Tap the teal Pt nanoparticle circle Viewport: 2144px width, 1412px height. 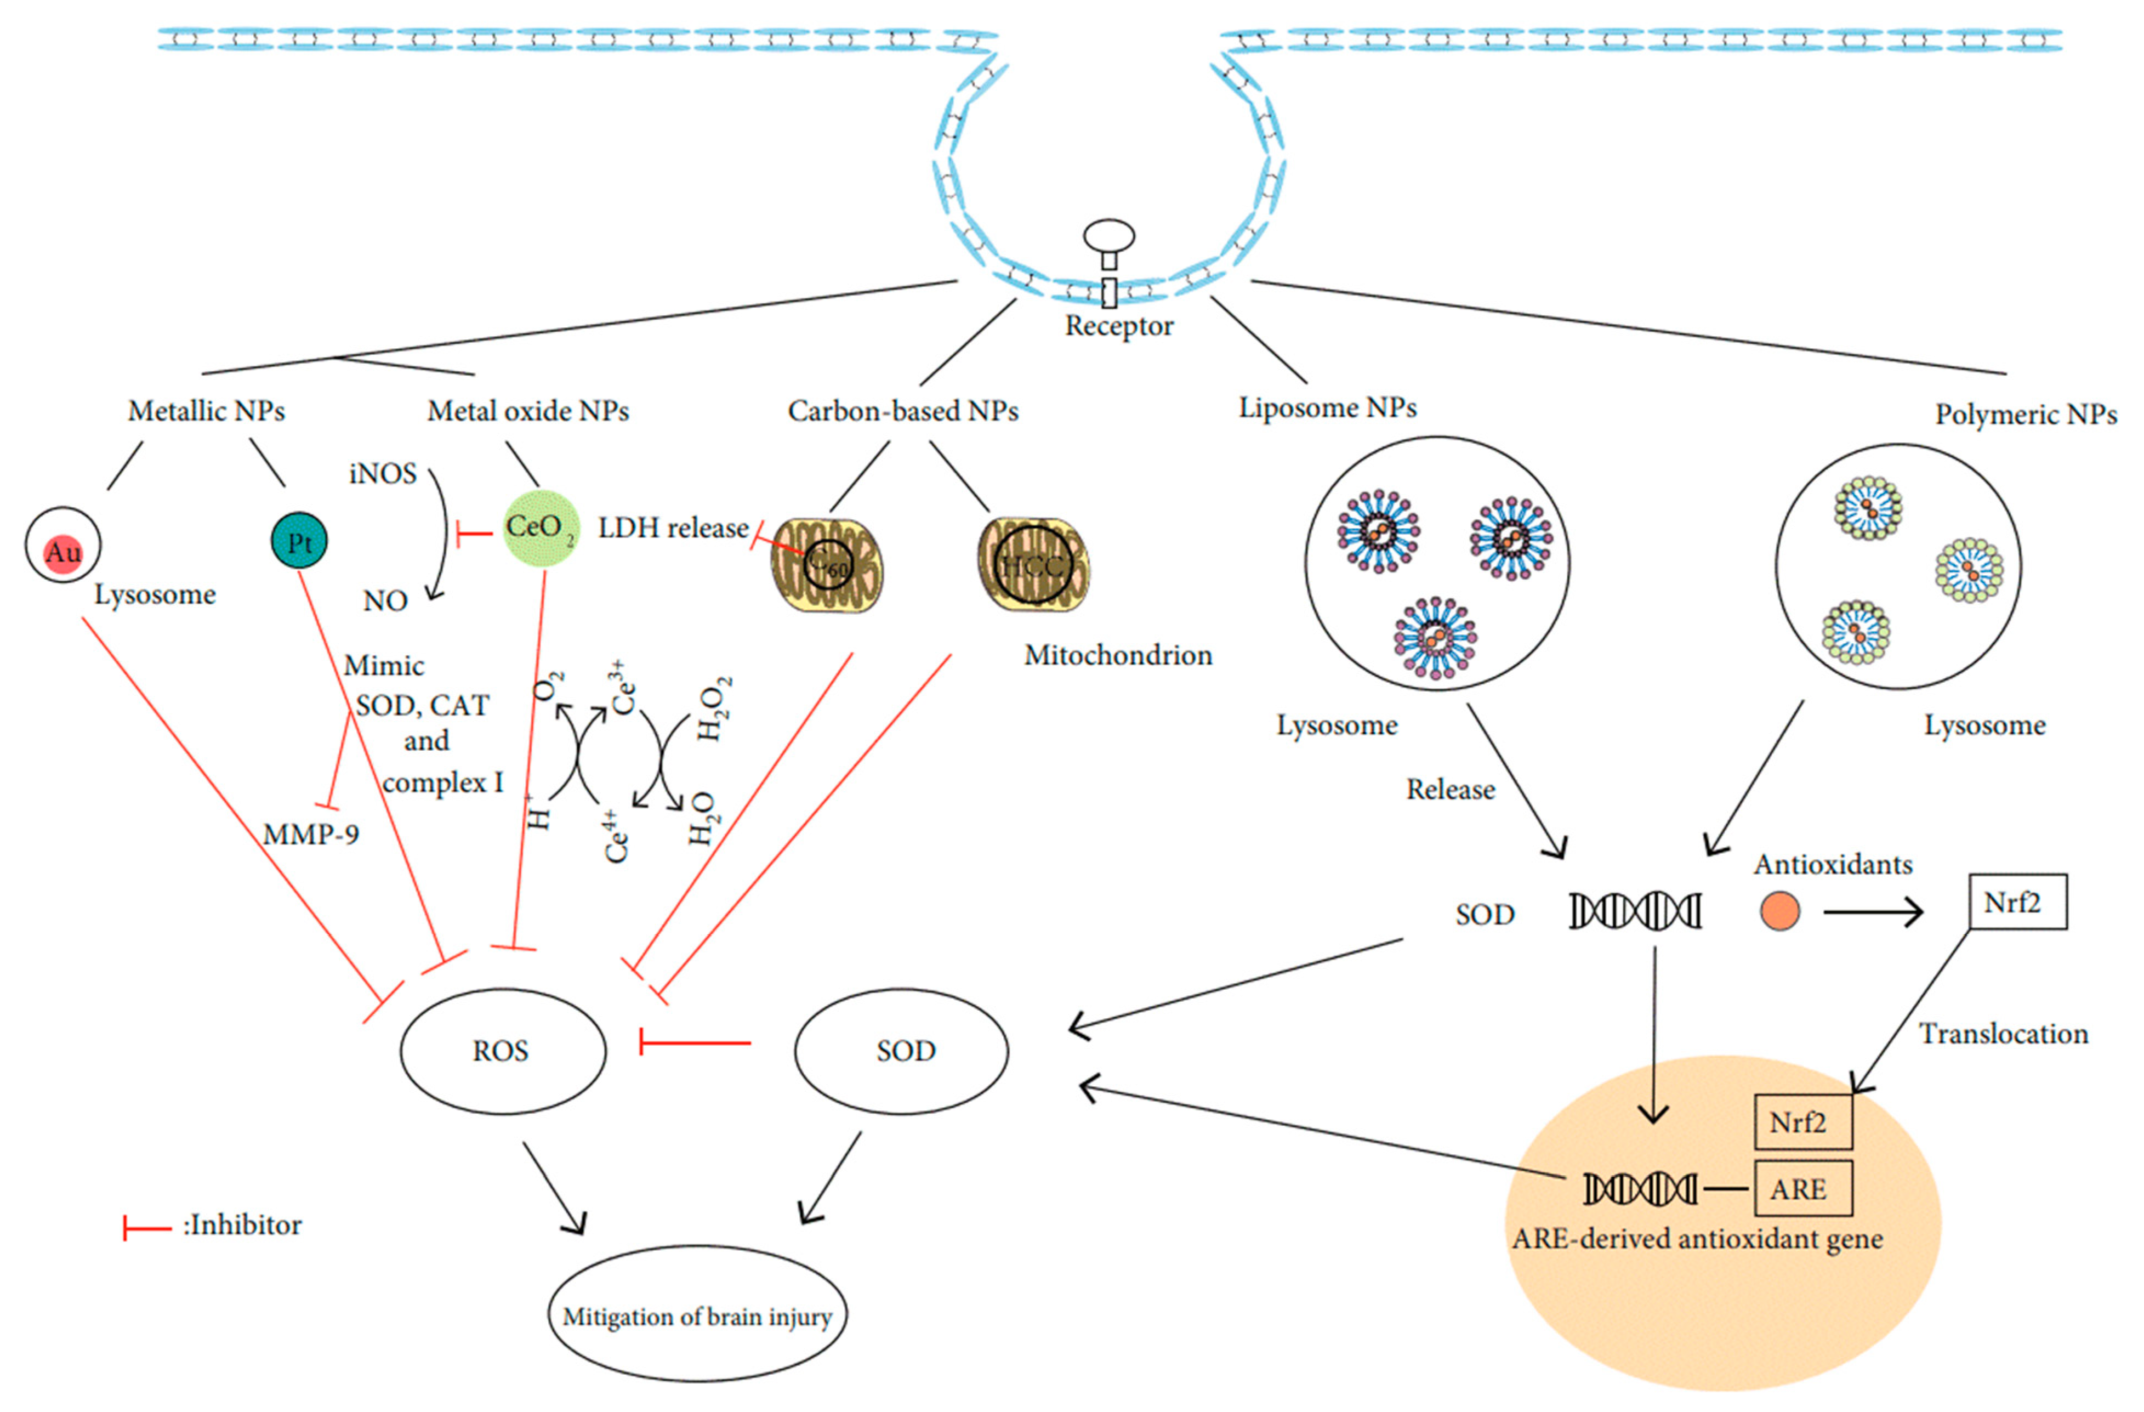pyautogui.click(x=299, y=542)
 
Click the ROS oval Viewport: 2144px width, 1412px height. pyautogui.click(x=502, y=1051)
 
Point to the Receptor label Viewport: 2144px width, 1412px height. pyautogui.click(x=1119, y=326)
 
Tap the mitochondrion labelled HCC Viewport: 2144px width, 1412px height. pyautogui.click(x=1034, y=565)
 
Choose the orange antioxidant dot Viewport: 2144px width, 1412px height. pyautogui.click(x=1779, y=911)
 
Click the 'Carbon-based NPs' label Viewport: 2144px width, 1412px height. pyautogui.click(x=903, y=411)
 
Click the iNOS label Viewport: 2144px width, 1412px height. pyautogui.click(x=383, y=474)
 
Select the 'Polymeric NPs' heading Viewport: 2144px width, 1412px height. pyautogui.click(x=2025, y=415)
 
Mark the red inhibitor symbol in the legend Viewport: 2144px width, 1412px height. pyautogui.click(x=146, y=1227)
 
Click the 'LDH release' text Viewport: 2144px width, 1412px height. pyautogui.click(x=673, y=528)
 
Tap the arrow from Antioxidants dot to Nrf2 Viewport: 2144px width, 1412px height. pyautogui.click(x=1872, y=912)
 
